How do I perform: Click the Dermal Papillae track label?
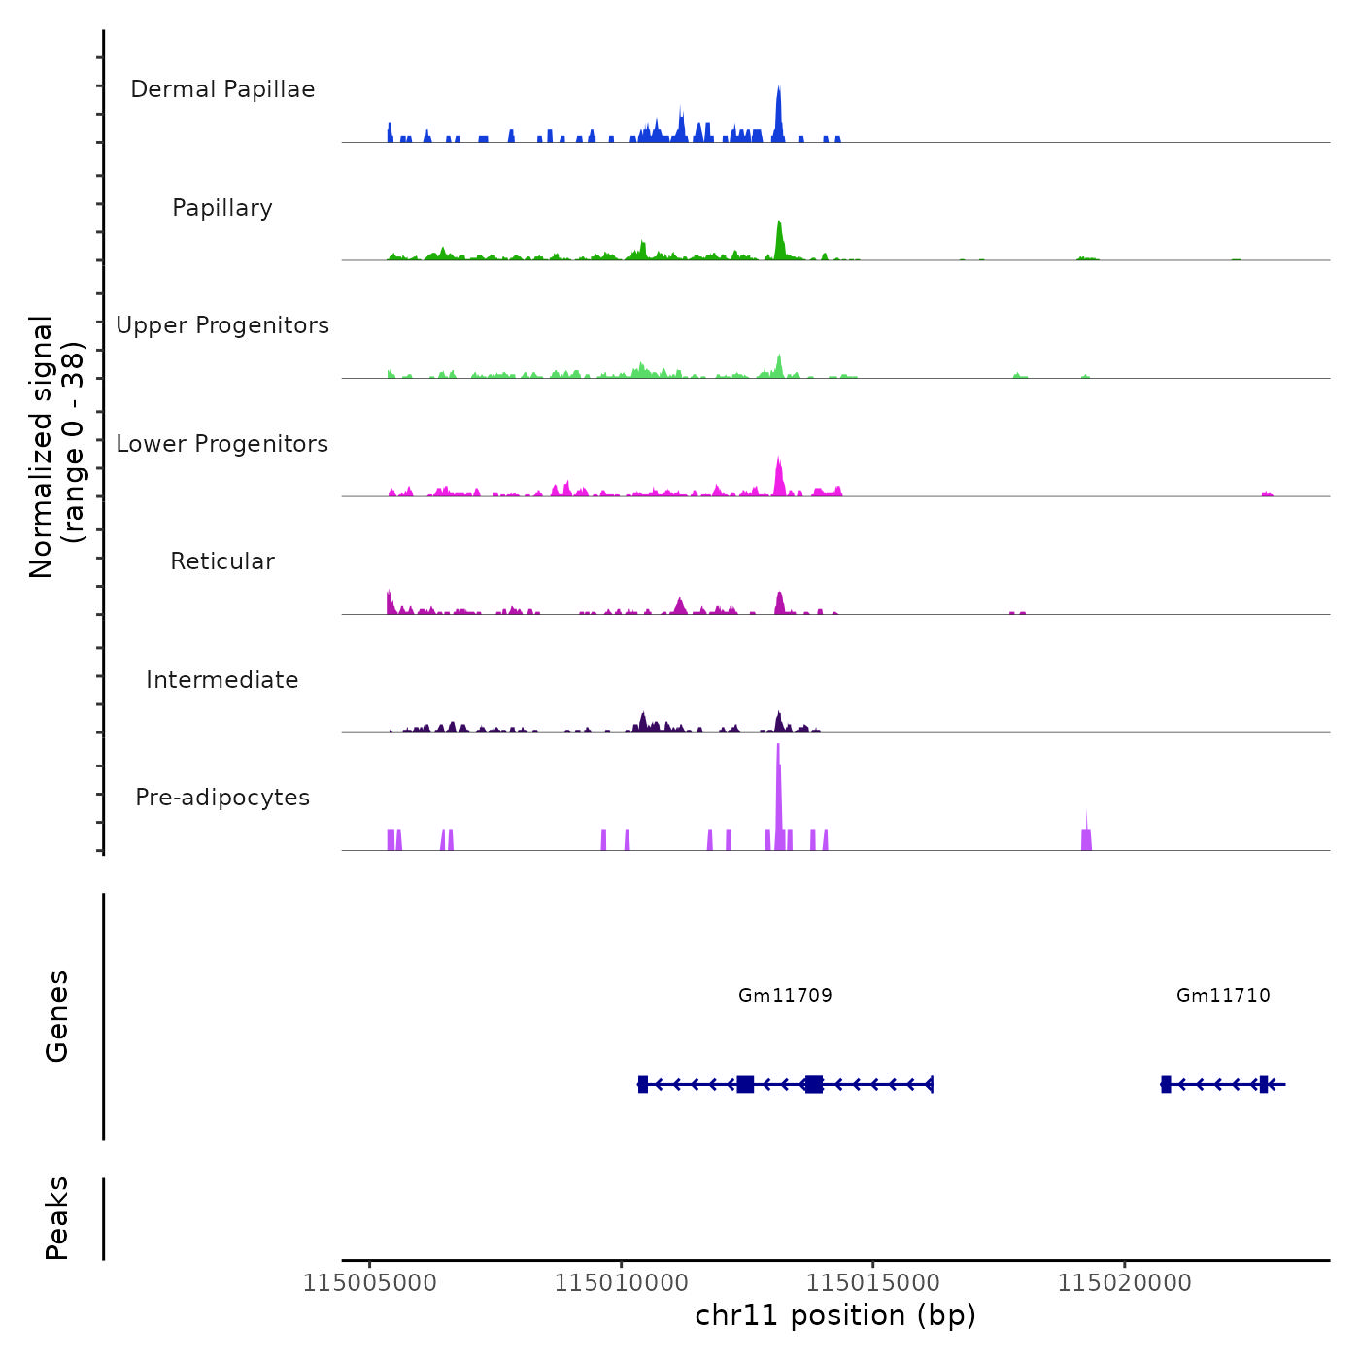click(222, 89)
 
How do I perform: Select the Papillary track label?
click(222, 208)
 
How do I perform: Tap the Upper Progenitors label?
click(222, 325)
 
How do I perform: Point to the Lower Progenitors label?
click(222, 444)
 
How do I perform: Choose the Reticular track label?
click(222, 561)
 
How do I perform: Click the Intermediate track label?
click(222, 680)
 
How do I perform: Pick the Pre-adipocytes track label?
click(222, 798)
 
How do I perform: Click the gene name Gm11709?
click(785, 995)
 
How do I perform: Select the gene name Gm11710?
click(1223, 995)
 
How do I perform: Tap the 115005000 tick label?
click(370, 1283)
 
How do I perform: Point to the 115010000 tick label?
click(622, 1283)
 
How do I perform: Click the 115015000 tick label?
click(873, 1283)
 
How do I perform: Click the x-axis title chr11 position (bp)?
click(835, 1315)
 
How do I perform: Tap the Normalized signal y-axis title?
click(56, 447)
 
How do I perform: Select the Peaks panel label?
click(57, 1218)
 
